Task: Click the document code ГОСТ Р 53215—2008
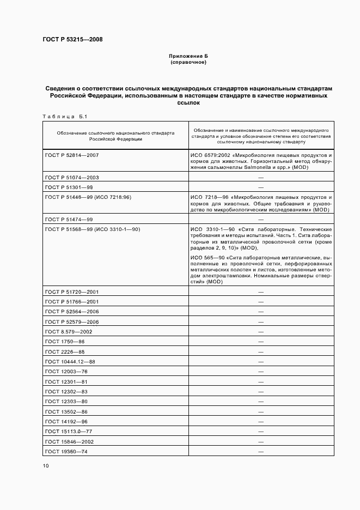coord(72,40)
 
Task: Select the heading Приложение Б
coord(188,56)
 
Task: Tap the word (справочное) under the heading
coord(188,62)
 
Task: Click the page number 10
coord(46,465)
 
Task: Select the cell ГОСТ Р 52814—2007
coord(71,155)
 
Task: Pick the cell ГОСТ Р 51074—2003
coord(71,178)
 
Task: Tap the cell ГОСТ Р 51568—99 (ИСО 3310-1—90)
coord(92,229)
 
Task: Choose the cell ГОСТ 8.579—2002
coord(69,331)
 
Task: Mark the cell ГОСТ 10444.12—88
coord(70,361)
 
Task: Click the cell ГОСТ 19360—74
coord(66,452)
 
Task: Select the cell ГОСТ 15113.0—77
coord(68,432)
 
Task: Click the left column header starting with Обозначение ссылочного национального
coord(115,135)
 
